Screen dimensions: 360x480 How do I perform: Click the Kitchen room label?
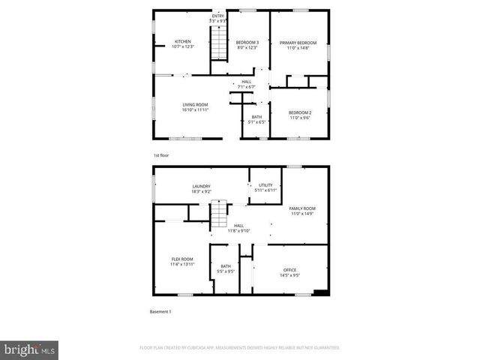[183, 41]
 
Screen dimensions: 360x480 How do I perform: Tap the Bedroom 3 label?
[247, 42]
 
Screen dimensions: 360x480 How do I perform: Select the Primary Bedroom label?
[298, 43]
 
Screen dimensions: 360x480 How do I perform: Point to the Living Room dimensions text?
[195, 110]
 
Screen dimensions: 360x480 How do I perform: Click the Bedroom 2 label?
[300, 112]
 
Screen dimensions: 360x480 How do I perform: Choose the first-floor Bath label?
[256, 116]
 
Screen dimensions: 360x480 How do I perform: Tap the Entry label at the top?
[217, 16]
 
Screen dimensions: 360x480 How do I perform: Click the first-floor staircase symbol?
[217, 49]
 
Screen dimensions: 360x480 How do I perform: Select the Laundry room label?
[201, 186]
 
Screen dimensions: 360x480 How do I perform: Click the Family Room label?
[303, 208]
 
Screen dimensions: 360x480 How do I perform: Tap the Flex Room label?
[182, 259]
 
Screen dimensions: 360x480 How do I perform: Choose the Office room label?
[289, 270]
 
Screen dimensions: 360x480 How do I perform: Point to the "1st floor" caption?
[162, 155]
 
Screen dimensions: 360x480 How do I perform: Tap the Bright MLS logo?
[30, 349]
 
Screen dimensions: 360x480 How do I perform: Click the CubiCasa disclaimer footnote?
[239, 348]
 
